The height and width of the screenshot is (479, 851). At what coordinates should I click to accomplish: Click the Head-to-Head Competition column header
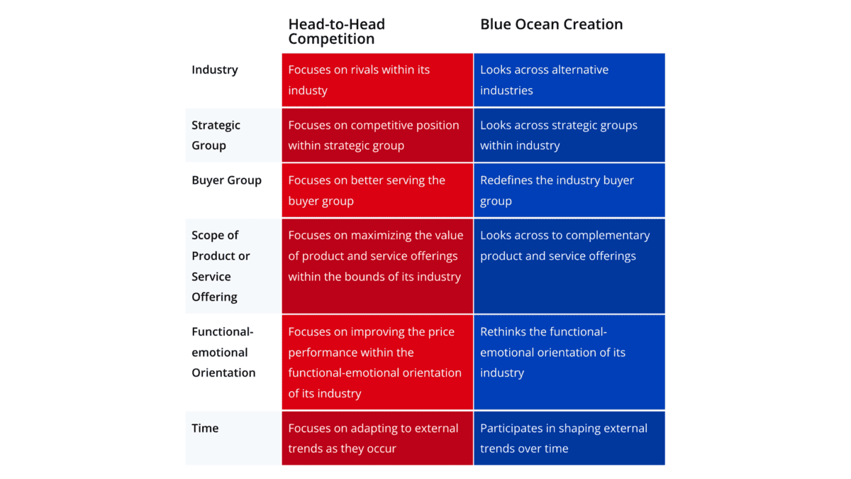[337, 31]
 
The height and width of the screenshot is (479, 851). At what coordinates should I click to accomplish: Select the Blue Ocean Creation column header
[551, 24]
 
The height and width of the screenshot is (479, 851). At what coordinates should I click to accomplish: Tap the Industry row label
[215, 70]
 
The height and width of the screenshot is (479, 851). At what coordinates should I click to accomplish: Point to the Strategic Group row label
[216, 136]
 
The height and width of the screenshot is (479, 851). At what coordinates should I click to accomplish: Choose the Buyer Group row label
[226, 180]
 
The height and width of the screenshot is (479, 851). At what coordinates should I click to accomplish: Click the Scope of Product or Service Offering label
[221, 266]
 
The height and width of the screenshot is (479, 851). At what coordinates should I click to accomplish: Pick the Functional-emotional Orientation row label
[223, 352]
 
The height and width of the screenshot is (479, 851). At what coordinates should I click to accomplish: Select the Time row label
[205, 429]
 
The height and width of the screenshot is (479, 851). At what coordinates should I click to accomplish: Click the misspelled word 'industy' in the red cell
[308, 91]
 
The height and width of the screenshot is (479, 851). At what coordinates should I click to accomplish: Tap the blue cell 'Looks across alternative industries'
[569, 80]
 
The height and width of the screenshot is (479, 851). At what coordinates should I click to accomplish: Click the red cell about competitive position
[377, 136]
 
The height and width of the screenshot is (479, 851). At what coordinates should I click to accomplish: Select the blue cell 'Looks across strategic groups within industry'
[569, 136]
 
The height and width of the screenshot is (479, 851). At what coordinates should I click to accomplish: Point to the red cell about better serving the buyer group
[377, 190]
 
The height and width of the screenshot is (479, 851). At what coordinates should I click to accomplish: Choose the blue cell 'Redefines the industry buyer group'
[569, 190]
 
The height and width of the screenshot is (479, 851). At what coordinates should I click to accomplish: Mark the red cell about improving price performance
[377, 363]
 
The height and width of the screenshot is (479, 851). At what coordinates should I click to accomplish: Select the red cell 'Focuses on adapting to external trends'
[377, 438]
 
